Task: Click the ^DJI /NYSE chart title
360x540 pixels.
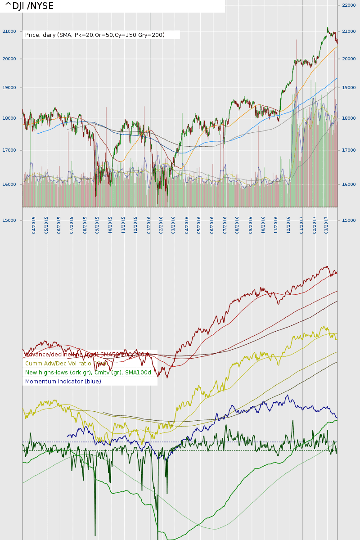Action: coord(29,6)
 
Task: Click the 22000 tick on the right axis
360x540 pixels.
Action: coord(349,5)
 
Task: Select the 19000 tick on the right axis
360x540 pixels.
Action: coord(349,88)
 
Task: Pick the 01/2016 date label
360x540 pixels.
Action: coord(149,224)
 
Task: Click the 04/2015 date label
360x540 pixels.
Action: coord(34,224)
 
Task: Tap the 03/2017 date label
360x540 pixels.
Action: coord(327,224)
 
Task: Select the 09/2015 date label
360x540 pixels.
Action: coord(97,224)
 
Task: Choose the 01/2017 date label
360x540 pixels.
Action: coord(302,224)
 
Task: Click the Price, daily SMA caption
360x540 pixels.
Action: coord(95,35)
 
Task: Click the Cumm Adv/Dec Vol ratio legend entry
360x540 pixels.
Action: coord(63,364)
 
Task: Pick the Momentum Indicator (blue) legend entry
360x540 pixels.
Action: coord(63,382)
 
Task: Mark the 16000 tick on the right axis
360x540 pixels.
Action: coord(349,184)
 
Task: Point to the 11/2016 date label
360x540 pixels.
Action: coord(276,224)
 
